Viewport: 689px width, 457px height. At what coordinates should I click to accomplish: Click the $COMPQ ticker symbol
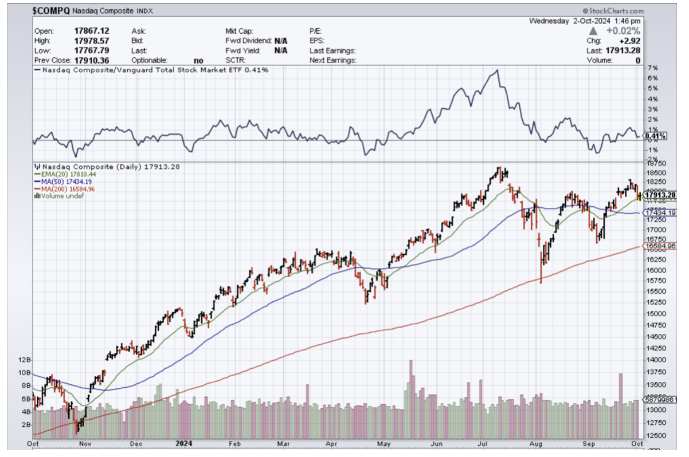[52, 11]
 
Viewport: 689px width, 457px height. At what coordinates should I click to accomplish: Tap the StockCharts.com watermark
[613, 11]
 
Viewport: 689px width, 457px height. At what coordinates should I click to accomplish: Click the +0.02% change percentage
[624, 31]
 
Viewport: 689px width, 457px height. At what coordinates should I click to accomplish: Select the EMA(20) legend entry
[60, 174]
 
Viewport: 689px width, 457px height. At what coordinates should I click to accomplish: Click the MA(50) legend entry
[59, 181]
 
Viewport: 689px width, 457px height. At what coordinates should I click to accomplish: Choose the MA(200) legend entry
[60, 188]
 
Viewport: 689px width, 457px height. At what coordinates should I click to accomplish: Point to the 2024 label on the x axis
[183, 443]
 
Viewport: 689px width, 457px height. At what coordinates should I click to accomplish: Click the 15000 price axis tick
[656, 314]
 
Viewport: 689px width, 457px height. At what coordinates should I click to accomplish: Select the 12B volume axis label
[24, 360]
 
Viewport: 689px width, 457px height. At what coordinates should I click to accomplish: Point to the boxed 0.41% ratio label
[655, 136]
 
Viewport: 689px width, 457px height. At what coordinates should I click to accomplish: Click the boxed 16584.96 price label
[660, 246]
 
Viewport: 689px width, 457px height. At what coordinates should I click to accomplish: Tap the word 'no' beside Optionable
[199, 60]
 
